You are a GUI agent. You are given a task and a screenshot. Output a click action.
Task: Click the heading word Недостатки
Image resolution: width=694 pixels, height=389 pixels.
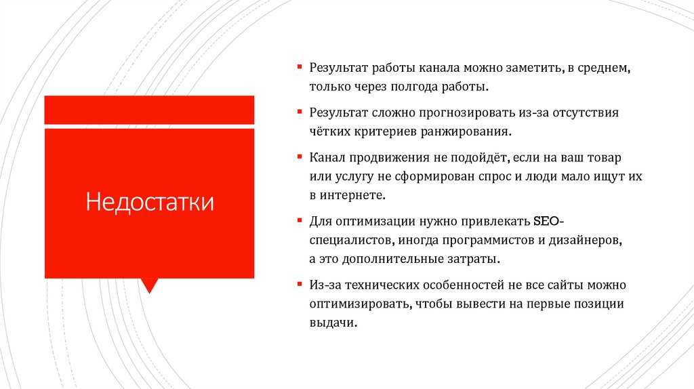149,203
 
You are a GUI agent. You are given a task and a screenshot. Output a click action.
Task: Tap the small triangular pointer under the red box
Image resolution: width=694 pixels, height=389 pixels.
149,285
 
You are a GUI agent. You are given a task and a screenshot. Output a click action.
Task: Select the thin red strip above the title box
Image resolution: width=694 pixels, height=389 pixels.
149,110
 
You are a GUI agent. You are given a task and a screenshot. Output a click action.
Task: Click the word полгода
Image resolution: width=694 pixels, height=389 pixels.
429,88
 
